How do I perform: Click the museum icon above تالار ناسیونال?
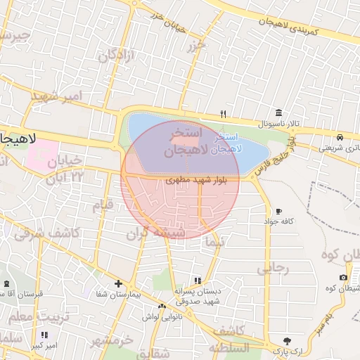tap(280, 112)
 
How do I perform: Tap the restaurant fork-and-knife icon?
tap(224, 114)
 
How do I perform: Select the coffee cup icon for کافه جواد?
tap(279, 211)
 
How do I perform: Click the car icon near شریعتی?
tap(340, 136)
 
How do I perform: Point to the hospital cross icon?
tap(118, 284)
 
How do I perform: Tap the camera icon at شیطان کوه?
tap(343, 278)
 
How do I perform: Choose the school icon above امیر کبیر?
tap(44, 335)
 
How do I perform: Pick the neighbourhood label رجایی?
tap(273, 268)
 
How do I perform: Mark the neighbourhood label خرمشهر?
tap(111, 340)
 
